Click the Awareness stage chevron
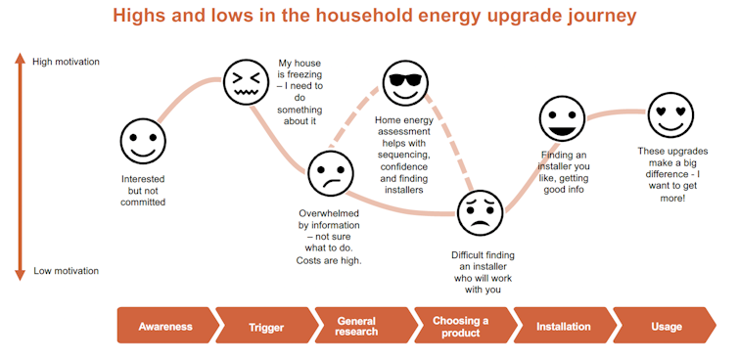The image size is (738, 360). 164,326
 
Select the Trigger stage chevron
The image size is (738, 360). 265,326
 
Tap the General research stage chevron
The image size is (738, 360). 358,326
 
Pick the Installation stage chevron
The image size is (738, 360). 563,326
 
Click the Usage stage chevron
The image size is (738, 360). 666,326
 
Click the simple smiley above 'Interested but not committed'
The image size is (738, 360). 143,141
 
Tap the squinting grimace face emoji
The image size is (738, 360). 245,82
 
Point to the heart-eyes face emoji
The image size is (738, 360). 670,115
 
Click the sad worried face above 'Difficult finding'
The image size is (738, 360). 480,211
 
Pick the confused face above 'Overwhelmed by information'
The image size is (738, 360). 330,173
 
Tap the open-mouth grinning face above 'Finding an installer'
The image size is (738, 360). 562,119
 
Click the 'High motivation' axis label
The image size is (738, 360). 66,62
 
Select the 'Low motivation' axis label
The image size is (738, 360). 66,271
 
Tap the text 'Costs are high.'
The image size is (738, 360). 329,260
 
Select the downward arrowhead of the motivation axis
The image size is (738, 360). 19,277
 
